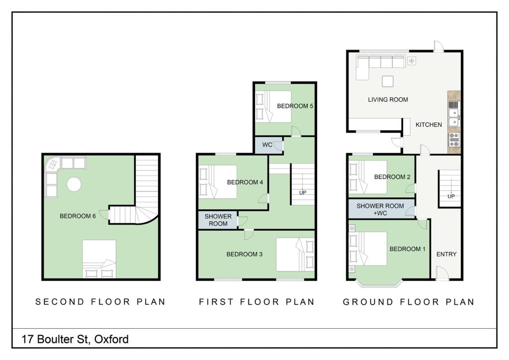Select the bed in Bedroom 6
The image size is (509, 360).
(99, 259)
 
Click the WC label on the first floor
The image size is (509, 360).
(267, 145)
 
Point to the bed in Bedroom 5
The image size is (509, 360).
(273, 106)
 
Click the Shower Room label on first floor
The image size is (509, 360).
(218, 220)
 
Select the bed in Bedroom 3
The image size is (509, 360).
(295, 255)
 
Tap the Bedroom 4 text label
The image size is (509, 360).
(245, 182)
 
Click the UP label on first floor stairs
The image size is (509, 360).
(303, 192)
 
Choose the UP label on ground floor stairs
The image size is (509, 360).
(451, 196)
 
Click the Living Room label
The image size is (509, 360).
(388, 99)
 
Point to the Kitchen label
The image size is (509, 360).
(428, 125)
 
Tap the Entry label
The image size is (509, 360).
(446, 254)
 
